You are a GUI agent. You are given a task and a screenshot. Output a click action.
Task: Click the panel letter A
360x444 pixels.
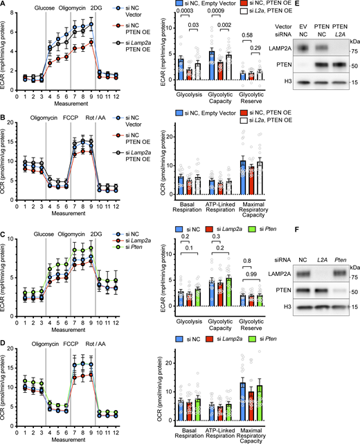point(4,5)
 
